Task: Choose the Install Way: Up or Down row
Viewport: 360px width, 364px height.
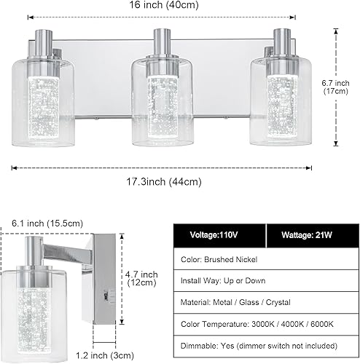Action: tap(223, 280)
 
